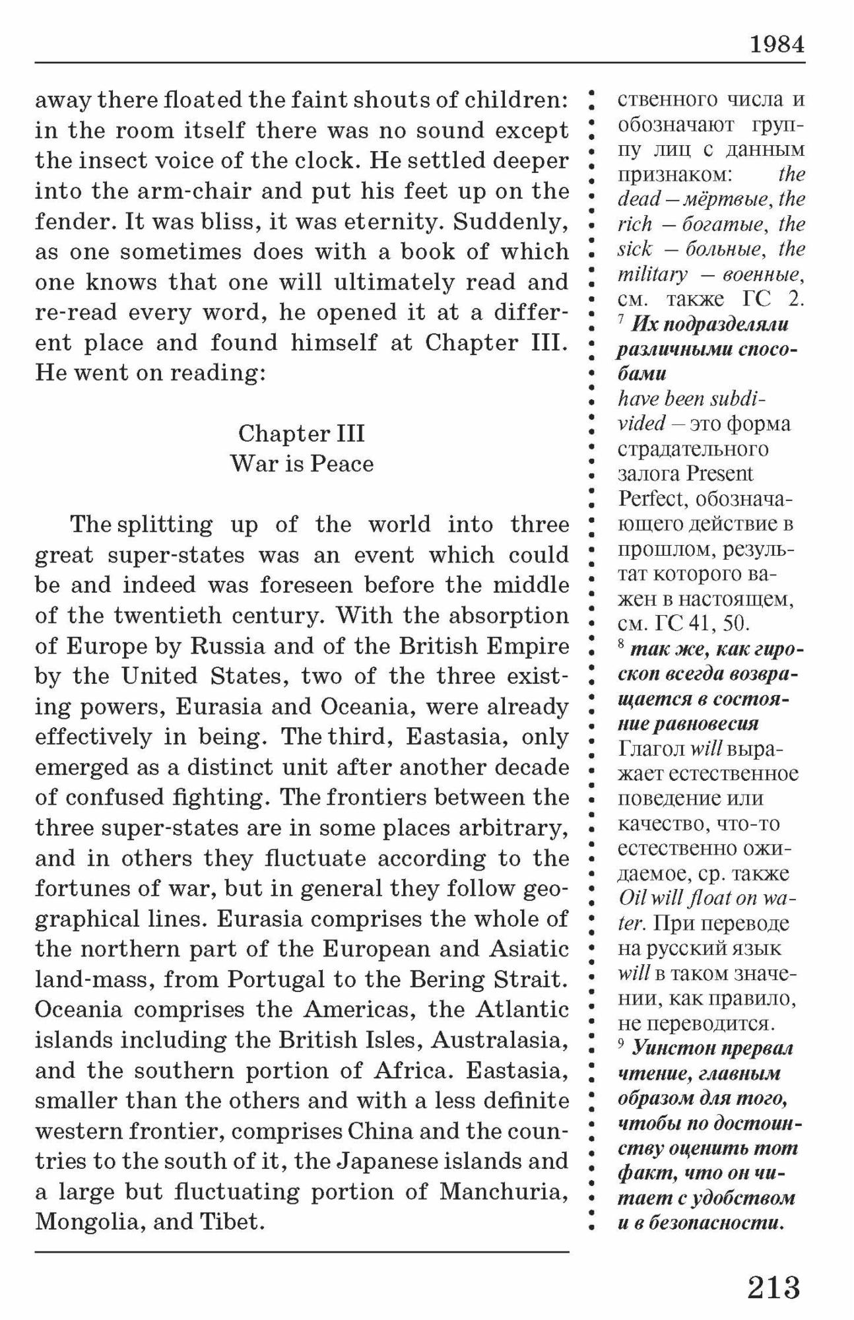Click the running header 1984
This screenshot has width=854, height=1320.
tap(777, 44)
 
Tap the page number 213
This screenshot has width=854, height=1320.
tap(773, 1287)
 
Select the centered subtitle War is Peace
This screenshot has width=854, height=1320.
tap(302, 463)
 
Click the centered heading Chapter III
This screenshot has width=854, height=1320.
tap(302, 433)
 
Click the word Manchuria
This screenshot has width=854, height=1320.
tap(504, 1191)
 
